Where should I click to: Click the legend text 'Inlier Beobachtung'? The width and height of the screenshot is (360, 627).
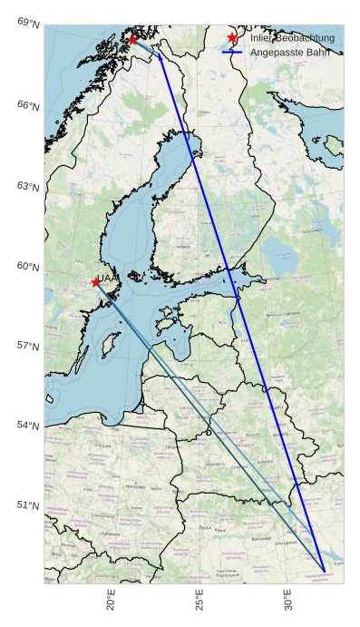pyautogui.click(x=292, y=38)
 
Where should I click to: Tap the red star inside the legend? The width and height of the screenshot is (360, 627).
pyautogui.click(x=233, y=38)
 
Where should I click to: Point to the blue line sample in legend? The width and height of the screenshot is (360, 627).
pyautogui.click(x=233, y=54)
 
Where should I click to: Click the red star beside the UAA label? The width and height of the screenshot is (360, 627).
pyautogui.click(x=95, y=282)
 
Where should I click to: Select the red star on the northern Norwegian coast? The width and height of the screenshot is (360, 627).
pyautogui.click(x=132, y=40)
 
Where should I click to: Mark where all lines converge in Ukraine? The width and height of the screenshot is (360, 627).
pyautogui.click(x=324, y=571)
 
